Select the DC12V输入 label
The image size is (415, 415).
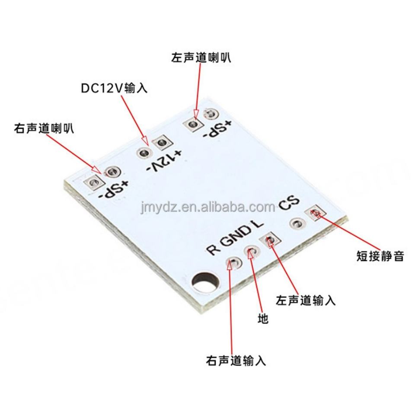114,88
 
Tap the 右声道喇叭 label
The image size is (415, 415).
44,128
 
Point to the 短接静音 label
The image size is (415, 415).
380,256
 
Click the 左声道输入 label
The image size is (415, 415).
306,300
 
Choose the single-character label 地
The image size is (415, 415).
263,319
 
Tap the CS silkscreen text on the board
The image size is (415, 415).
289,203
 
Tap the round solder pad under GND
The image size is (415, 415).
252,251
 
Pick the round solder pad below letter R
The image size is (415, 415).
233,262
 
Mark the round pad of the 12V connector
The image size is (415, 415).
143,152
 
